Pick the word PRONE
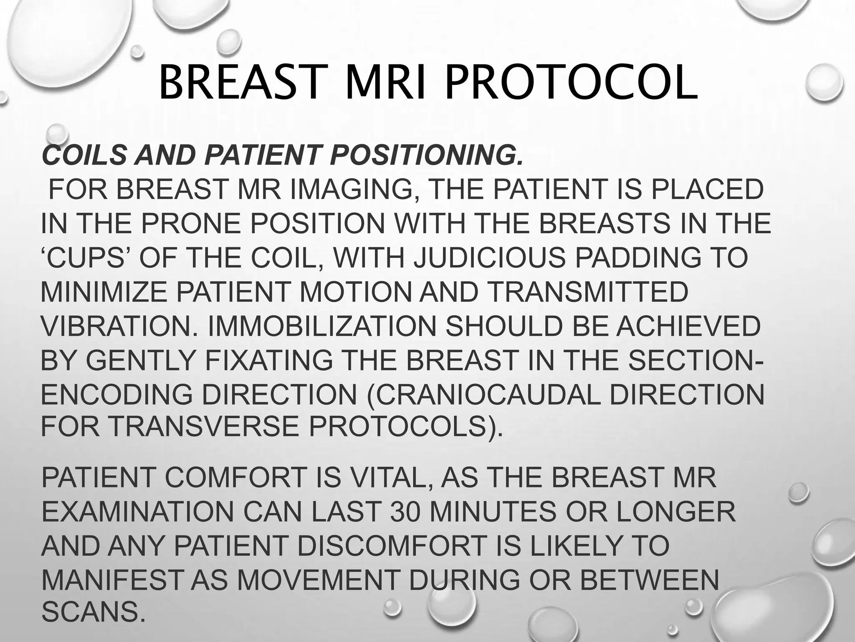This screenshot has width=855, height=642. pyautogui.click(x=191, y=224)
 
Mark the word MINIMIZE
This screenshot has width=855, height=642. pyautogui.click(x=104, y=292)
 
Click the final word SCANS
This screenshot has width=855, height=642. pyautogui.click(x=90, y=612)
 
